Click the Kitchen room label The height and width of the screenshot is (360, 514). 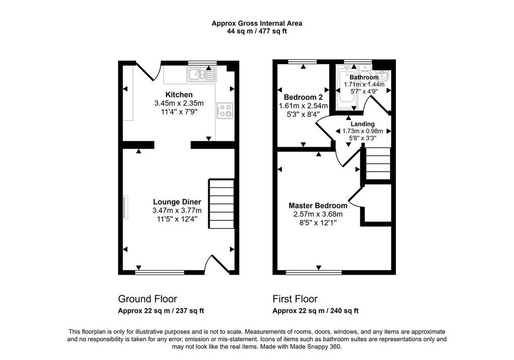click(x=179, y=95)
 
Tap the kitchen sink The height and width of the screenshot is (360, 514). click(x=201, y=74)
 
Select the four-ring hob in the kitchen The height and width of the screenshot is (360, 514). click(x=224, y=110)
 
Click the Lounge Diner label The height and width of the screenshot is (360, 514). click(x=177, y=202)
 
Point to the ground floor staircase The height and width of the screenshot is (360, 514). click(x=221, y=204)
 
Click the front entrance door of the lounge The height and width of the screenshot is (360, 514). click(x=216, y=264)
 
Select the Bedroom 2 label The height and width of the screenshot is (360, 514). click(x=303, y=97)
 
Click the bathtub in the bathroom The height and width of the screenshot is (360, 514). click(x=347, y=85)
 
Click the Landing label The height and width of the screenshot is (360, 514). click(x=362, y=124)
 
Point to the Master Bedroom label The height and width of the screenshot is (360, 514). click(x=318, y=206)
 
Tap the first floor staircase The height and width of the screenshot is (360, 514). click(x=378, y=163)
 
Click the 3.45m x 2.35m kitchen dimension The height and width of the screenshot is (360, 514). click(x=179, y=103)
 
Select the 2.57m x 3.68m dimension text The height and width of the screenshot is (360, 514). click(x=318, y=214)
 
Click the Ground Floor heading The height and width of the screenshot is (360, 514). click(x=148, y=299)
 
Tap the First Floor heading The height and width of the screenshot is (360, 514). click(x=295, y=299)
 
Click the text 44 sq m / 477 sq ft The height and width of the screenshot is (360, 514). click(x=257, y=32)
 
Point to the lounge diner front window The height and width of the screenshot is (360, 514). click(x=160, y=272)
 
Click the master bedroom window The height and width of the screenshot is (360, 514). click(x=314, y=272)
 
